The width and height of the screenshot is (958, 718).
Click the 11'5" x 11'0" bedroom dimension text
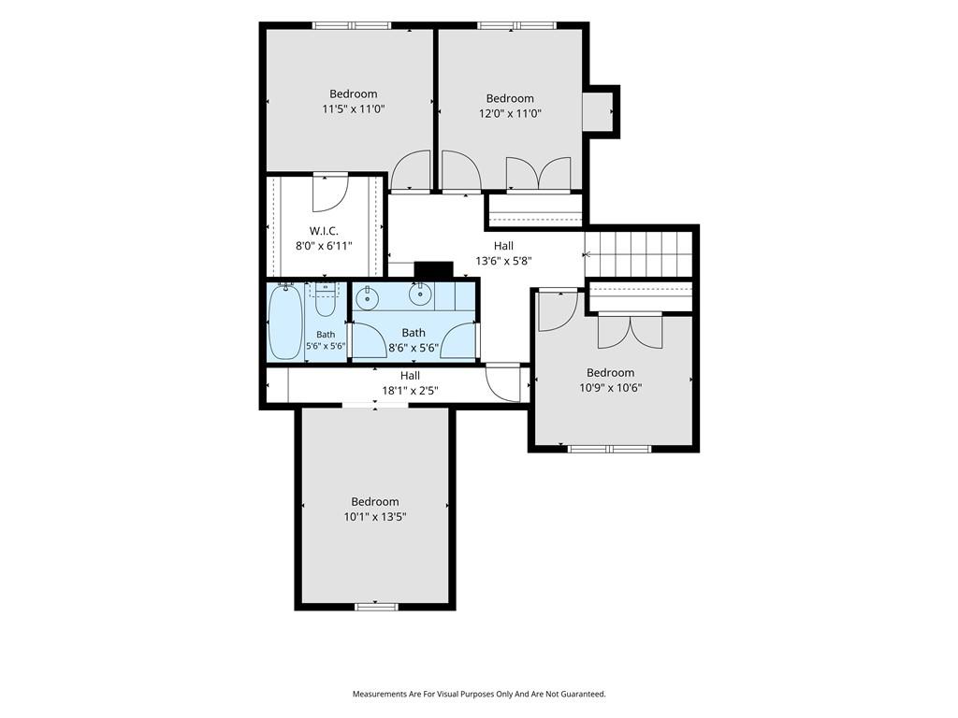[353, 110]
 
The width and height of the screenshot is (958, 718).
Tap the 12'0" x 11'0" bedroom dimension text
[510, 113]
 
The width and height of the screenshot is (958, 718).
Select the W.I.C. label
[324, 231]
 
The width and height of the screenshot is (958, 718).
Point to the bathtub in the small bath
[285, 322]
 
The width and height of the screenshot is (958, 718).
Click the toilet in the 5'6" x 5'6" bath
[325, 299]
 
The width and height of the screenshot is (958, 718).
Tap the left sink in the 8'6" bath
[367, 298]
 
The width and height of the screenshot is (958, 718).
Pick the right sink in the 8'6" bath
[420, 294]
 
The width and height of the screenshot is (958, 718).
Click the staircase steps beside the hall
[638, 254]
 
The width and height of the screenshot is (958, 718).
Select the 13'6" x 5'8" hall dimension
[504, 262]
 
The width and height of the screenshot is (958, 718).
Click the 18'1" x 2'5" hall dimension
[411, 390]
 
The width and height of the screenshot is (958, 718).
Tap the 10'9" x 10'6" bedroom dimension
[610, 388]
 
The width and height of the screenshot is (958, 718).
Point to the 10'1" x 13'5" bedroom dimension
[375, 517]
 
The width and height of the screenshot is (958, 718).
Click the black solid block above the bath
[434, 270]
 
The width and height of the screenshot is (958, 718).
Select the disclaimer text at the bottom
[479, 695]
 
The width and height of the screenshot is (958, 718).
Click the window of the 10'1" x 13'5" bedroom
[376, 606]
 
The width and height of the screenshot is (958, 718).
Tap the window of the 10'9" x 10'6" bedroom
[610, 449]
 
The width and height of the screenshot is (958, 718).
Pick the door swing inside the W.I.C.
[330, 193]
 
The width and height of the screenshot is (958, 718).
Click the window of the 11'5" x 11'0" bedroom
[352, 25]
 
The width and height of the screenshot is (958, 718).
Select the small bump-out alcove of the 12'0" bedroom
[598, 111]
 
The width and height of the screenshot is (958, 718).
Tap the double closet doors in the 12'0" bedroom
[539, 173]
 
